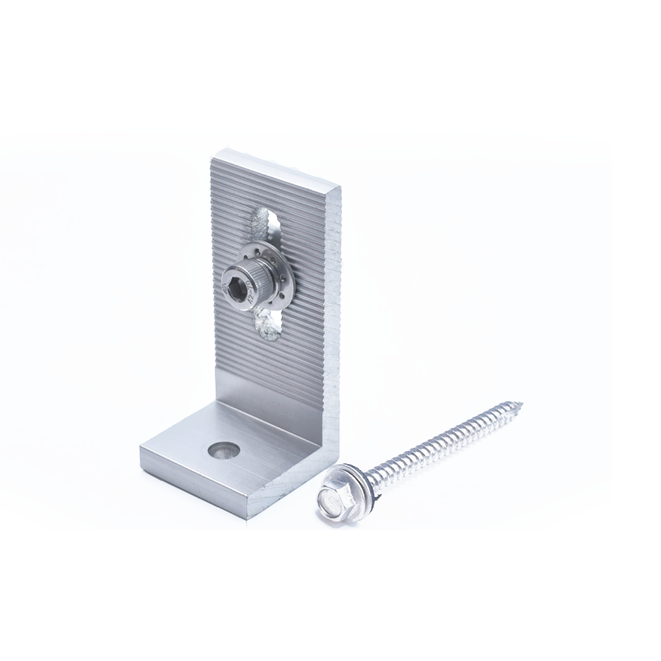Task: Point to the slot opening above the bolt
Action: (x=262, y=221)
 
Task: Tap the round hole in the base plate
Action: (x=222, y=449)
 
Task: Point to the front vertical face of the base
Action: (x=198, y=483)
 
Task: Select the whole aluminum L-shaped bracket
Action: (x=248, y=347)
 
